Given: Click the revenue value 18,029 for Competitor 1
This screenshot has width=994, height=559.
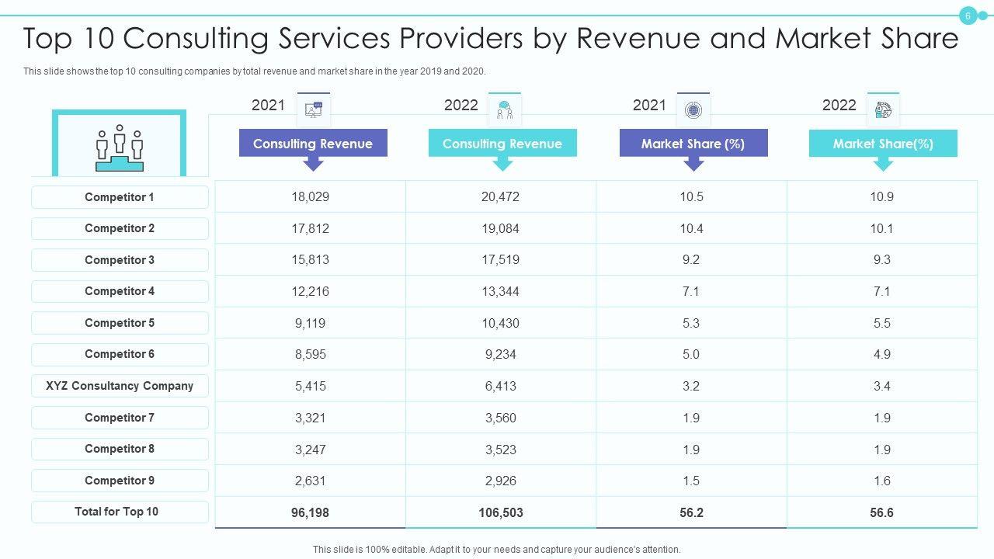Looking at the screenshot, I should [x=311, y=197].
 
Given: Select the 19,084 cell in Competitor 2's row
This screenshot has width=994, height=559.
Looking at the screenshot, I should [x=501, y=229].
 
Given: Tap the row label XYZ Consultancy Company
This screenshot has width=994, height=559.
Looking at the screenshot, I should [x=120, y=386].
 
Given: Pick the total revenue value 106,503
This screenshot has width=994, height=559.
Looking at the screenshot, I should [x=501, y=512].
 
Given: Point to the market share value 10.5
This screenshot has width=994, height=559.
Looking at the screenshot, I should [x=691, y=197].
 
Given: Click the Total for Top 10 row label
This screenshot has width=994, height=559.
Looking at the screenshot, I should [x=116, y=512].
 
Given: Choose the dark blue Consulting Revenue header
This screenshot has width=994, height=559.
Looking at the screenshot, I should [x=313, y=144].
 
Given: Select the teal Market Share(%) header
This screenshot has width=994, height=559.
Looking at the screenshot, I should [x=883, y=144].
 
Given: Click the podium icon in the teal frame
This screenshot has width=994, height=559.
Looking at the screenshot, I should [x=120, y=148].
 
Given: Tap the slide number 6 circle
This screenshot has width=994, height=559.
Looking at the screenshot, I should [x=968, y=16].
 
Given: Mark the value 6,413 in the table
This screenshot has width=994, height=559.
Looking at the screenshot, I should [x=501, y=386].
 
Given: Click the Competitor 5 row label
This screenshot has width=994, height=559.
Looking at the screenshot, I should [x=120, y=323].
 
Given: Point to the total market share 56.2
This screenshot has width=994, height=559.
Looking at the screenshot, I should [x=691, y=512].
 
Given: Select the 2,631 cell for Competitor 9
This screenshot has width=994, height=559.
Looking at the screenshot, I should [x=311, y=481].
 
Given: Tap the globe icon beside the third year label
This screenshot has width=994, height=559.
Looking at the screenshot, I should [x=693, y=110].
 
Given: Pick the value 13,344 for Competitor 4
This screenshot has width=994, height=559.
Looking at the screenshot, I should [x=501, y=292].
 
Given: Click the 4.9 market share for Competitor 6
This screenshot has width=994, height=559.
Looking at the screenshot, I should [x=881, y=355].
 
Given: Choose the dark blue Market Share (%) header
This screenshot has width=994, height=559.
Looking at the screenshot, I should [x=693, y=144].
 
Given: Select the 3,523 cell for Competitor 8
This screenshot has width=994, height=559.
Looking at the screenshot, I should [x=501, y=450].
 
